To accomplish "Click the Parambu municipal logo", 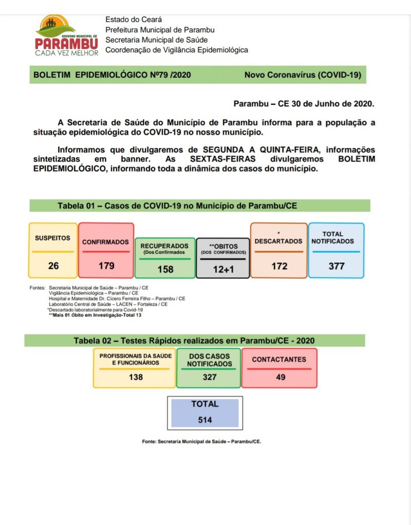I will click(x=66, y=35).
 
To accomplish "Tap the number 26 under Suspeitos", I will click(x=53, y=266).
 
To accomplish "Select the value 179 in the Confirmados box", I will click(x=106, y=266).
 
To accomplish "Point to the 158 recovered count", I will click(x=165, y=269).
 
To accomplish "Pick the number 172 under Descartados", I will click(x=279, y=266).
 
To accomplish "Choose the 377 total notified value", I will click(x=337, y=266).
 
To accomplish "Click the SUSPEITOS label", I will click(x=52, y=238).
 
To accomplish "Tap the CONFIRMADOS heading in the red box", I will click(x=105, y=241).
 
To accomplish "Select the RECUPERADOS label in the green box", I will click(x=164, y=246).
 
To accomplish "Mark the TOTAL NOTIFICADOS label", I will click(x=332, y=237).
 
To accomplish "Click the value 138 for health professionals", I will click(x=136, y=377).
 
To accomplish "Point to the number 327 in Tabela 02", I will click(x=209, y=377).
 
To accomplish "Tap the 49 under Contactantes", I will click(x=280, y=377).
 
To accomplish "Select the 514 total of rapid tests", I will click(x=205, y=420).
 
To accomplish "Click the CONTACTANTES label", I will click(x=279, y=360).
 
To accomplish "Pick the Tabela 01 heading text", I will click(x=177, y=205).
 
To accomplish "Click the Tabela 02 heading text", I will click(x=194, y=341).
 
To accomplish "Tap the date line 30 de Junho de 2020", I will click(x=304, y=103).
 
